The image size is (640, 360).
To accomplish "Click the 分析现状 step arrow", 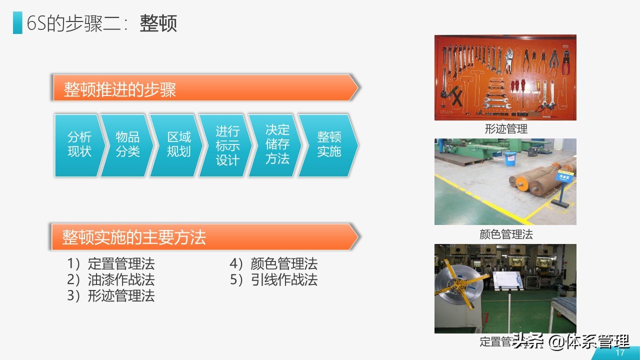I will (79, 145).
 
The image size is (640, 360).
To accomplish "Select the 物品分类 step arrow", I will (127, 145).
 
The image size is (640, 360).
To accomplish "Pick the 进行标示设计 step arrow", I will (227, 145).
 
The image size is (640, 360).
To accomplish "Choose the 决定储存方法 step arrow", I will (277, 145).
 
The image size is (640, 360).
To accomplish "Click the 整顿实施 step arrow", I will (328, 145).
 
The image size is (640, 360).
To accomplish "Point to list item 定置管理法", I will (120, 263).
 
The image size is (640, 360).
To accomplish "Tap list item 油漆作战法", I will (120, 279).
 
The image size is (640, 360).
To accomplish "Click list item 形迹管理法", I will (120, 295).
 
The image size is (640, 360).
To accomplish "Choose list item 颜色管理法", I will (283, 263).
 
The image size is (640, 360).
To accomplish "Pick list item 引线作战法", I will (283, 279).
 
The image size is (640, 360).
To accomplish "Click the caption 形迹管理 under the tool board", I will (506, 129).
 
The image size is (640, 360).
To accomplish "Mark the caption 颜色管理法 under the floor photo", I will (506, 234).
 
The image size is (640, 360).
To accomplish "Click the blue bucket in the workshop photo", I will (510, 158).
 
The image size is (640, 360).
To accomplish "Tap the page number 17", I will (620, 353).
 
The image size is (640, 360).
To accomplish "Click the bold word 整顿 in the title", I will (158, 23).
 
